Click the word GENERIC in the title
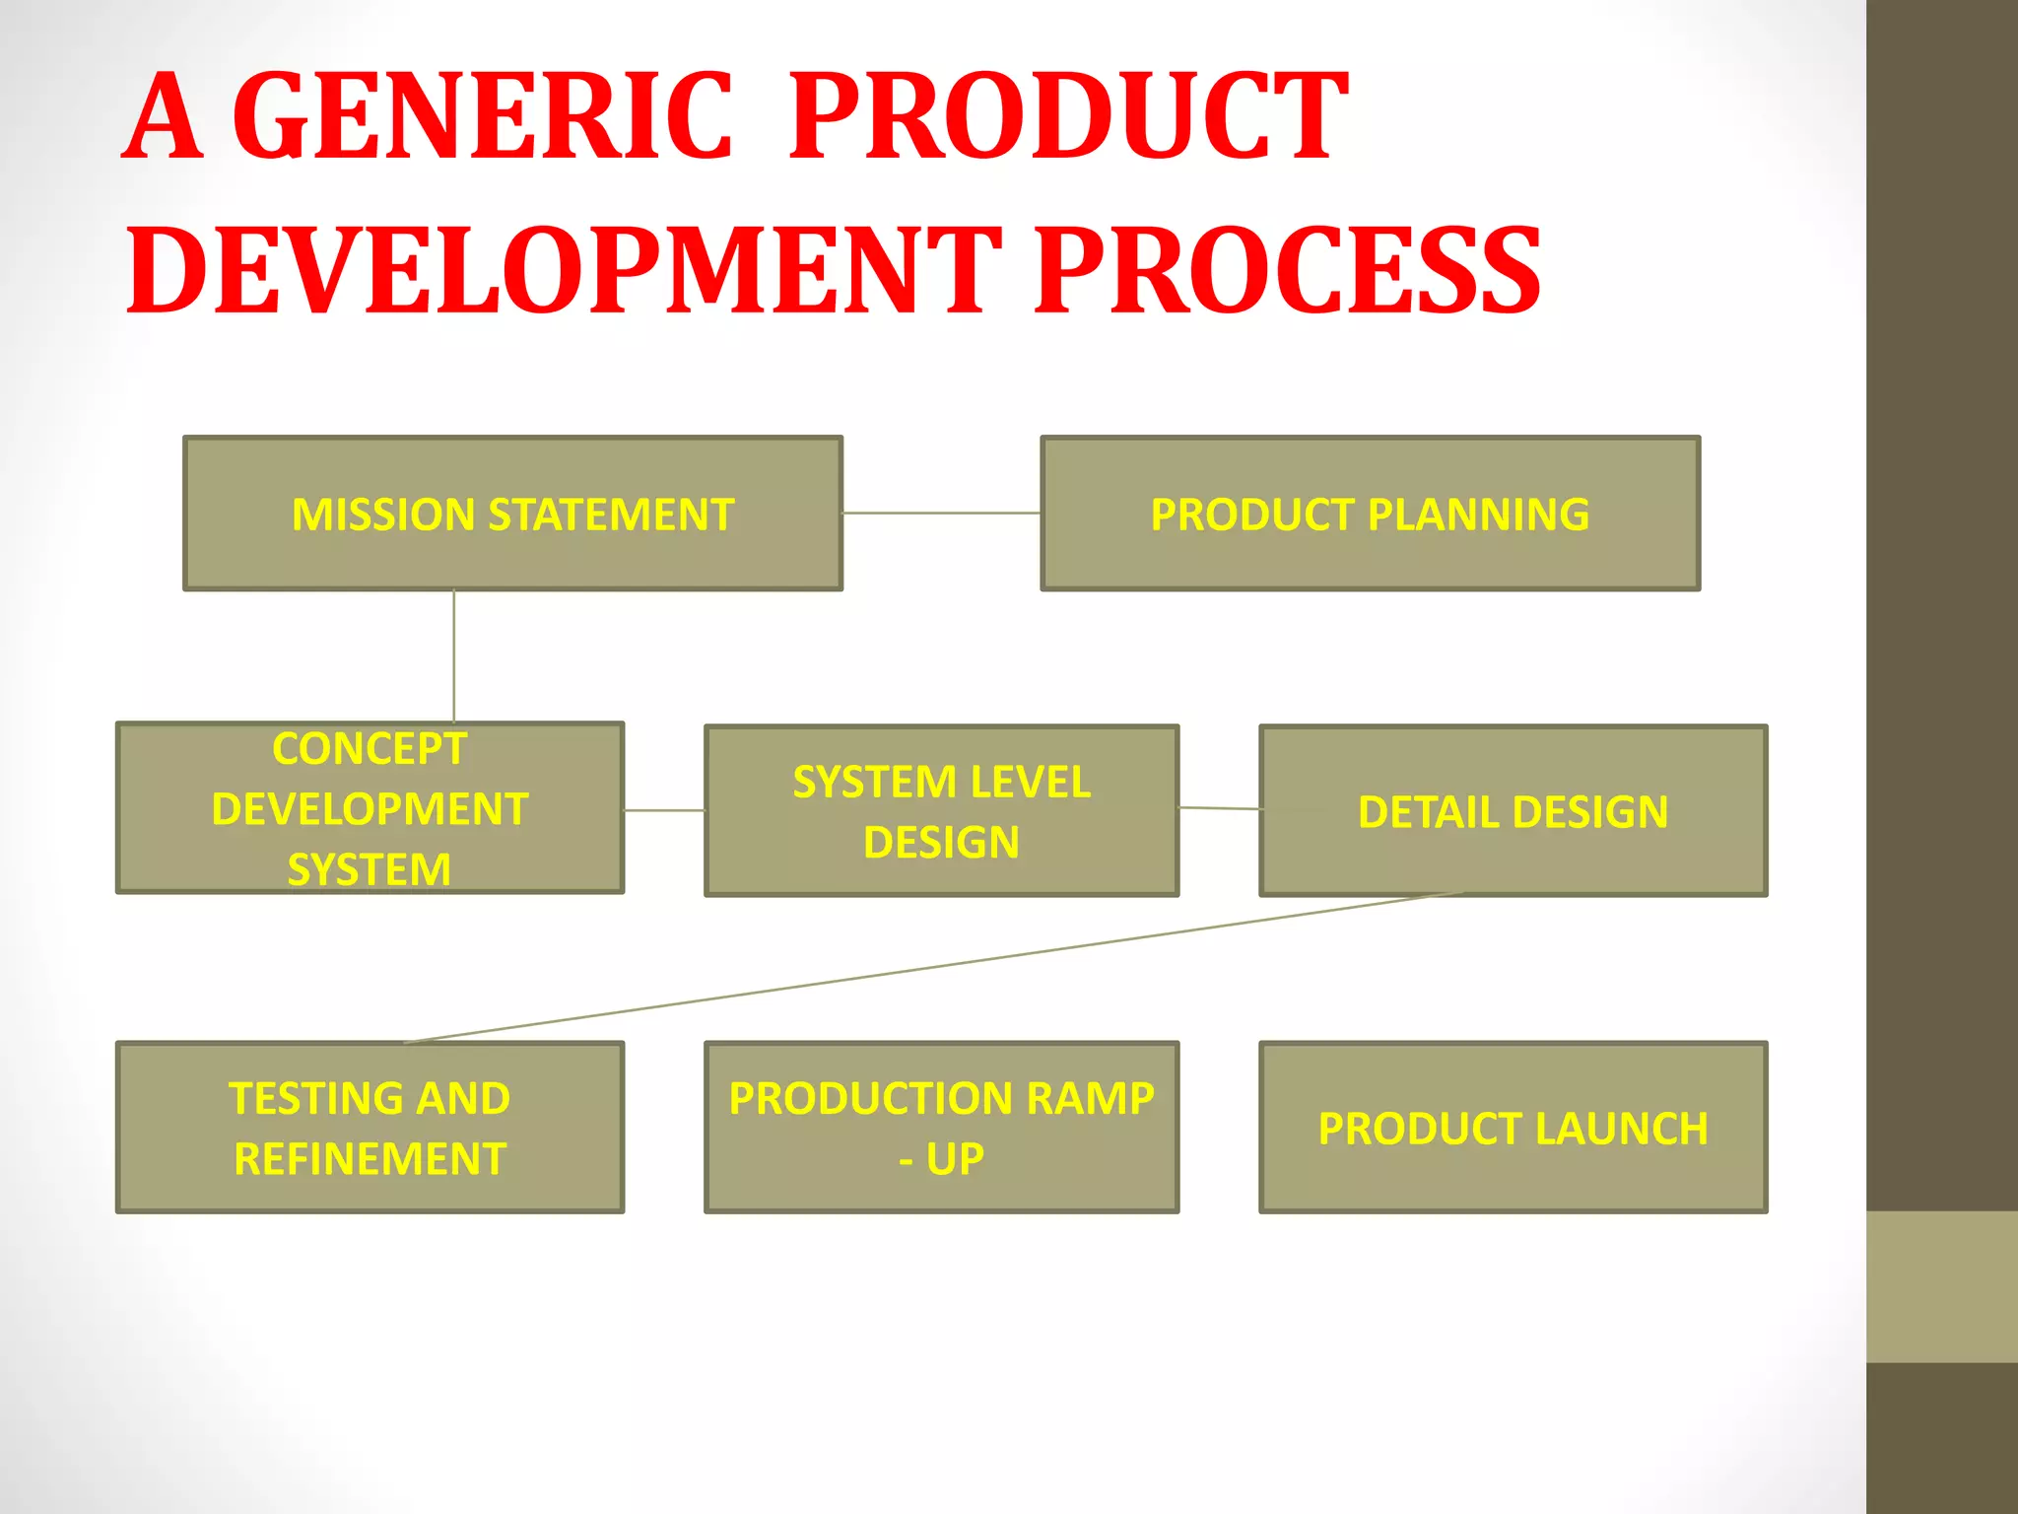click(x=483, y=116)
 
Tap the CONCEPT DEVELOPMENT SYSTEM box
click(x=370, y=808)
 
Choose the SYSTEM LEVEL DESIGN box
click(x=941, y=811)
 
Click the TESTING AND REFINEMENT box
click(x=370, y=1128)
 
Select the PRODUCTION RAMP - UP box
click(x=941, y=1128)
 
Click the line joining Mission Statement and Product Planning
click(x=941, y=513)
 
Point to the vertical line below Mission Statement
click(x=453, y=655)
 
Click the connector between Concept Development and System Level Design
click(x=664, y=810)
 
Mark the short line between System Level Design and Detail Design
click(x=1219, y=808)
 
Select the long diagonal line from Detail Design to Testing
click(x=931, y=968)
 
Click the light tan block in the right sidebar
click(x=1941, y=1286)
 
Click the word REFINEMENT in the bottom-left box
click(x=370, y=1159)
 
